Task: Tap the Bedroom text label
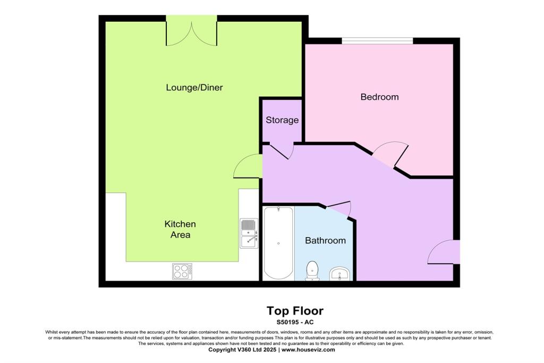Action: coord(379,97)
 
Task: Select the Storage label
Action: coord(282,120)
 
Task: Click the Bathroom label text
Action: coord(325,240)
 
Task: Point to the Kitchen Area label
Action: coord(180,230)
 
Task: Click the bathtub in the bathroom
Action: coord(278,243)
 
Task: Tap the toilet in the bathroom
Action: coord(312,270)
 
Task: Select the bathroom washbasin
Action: coord(339,274)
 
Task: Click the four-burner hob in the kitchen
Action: coord(182,271)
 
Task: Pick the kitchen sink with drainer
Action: coord(249,233)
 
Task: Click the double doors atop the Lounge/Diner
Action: coord(191,31)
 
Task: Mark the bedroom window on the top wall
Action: coord(377,40)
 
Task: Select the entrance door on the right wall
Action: coord(444,252)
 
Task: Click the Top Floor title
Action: coord(294,311)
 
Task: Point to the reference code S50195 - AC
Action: coord(294,322)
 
